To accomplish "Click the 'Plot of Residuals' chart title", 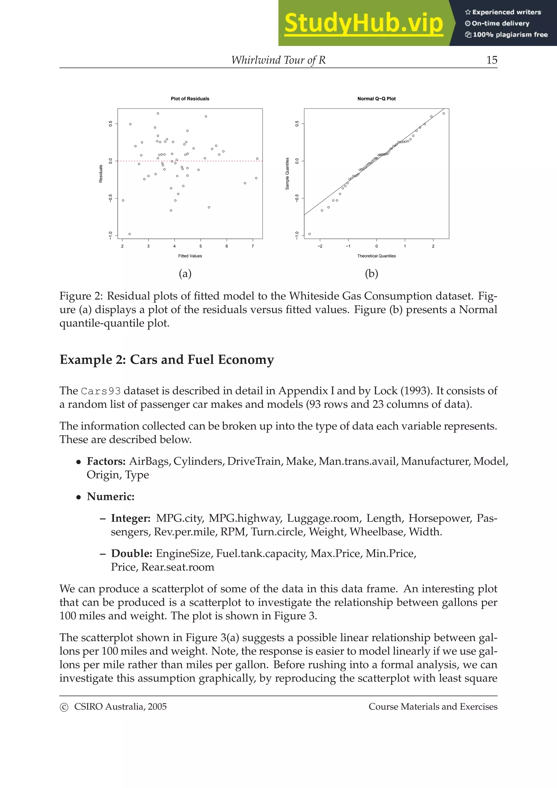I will click(x=190, y=99).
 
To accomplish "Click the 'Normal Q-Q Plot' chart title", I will click(x=376, y=99).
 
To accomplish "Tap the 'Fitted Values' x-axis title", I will click(x=190, y=256).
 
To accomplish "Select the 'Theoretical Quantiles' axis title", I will click(x=376, y=256).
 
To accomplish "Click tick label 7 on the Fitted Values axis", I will click(x=253, y=246).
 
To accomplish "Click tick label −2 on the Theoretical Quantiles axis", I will click(x=320, y=246).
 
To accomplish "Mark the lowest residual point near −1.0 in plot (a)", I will click(x=129, y=234).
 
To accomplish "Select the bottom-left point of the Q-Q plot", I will click(x=310, y=234).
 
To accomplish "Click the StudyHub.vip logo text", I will click(x=363, y=23).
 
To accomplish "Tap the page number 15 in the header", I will click(x=491, y=60).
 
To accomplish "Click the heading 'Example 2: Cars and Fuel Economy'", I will click(x=167, y=360).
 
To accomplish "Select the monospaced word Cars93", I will click(x=101, y=391).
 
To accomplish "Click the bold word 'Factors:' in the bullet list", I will click(x=106, y=461).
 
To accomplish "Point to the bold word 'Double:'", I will click(x=131, y=553).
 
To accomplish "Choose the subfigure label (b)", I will click(x=371, y=274).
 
